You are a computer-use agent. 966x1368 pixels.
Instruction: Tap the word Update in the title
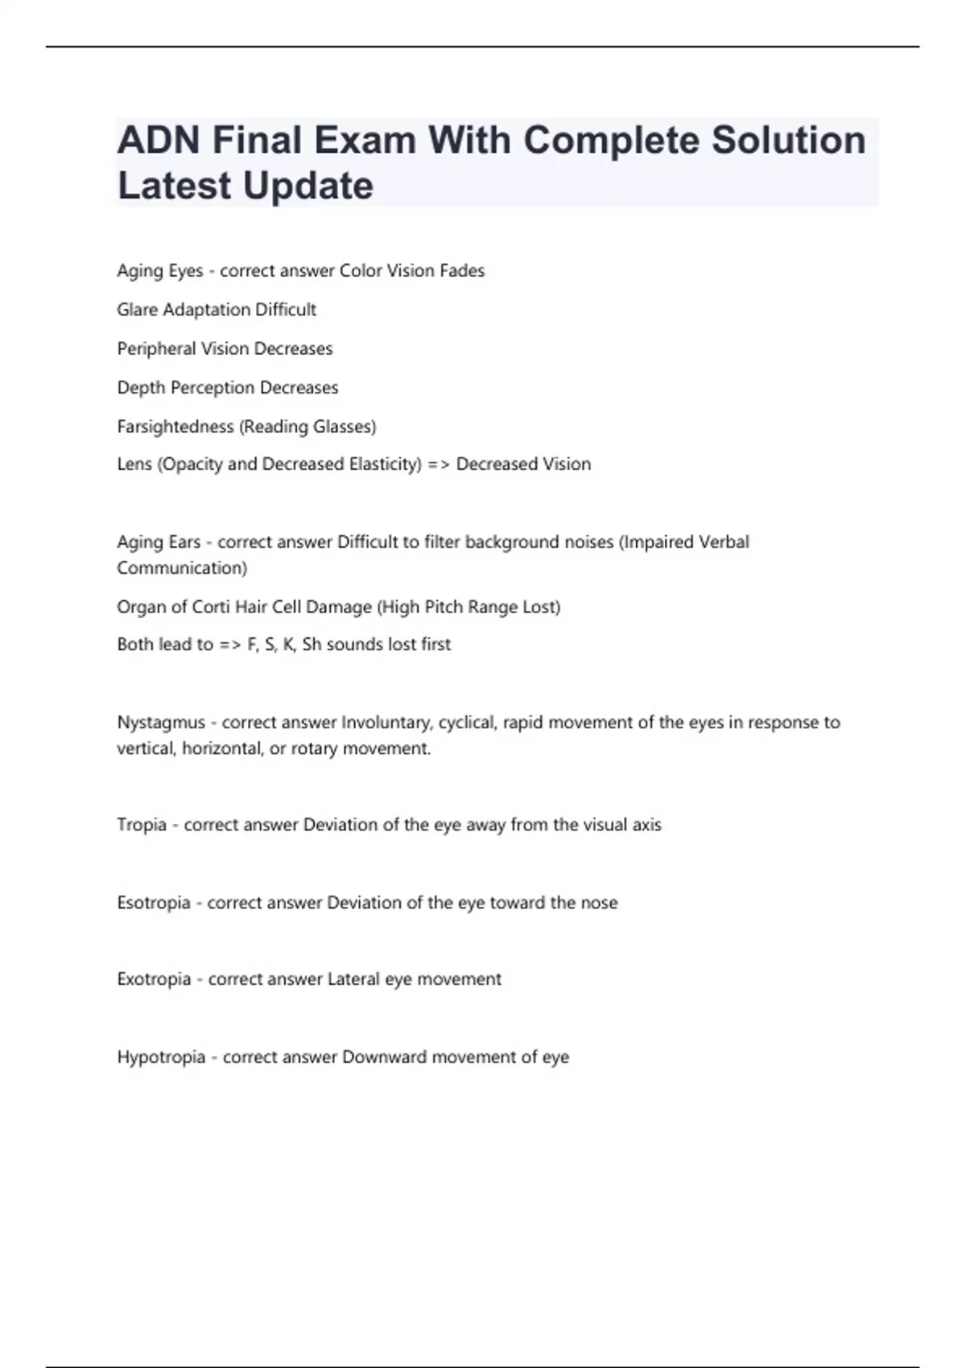(x=308, y=186)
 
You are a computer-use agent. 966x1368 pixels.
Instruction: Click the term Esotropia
(x=154, y=903)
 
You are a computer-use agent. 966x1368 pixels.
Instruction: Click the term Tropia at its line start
(x=142, y=825)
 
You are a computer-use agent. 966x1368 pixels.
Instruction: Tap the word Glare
(x=137, y=310)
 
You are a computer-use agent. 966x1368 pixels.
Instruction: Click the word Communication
(x=180, y=568)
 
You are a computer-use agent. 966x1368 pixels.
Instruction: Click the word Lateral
(x=353, y=979)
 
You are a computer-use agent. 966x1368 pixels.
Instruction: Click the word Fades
(x=462, y=271)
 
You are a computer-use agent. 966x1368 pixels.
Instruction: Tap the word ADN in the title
(x=159, y=140)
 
